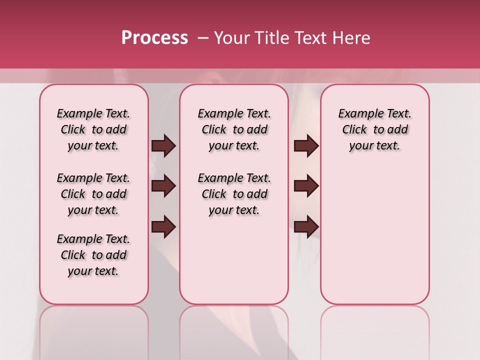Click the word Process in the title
point(154,38)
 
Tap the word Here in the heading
point(349,38)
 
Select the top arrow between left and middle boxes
point(163,146)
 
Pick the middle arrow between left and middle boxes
point(163,186)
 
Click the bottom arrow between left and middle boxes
point(163,226)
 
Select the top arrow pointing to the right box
point(306,146)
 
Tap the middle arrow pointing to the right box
point(306,186)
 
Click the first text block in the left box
point(93,129)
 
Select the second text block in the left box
point(93,194)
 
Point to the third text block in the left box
point(93,255)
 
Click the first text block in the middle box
point(234,129)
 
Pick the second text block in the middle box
point(234,194)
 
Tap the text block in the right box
point(375,129)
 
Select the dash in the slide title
point(203,38)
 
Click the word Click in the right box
point(354,130)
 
